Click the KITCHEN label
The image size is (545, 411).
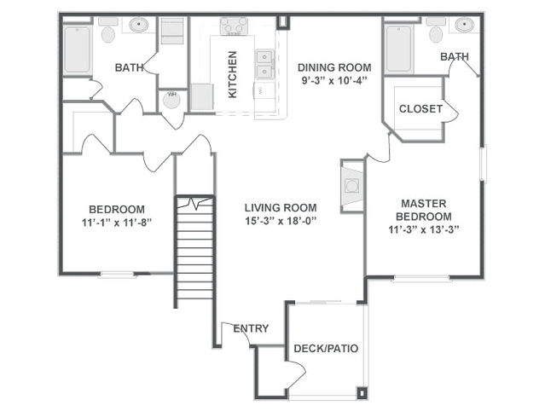pos(232,74)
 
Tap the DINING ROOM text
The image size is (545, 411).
pos(334,67)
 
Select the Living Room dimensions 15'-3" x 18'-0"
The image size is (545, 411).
pos(281,221)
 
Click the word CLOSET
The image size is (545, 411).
pos(420,109)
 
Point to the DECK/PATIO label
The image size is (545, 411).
pos(326,349)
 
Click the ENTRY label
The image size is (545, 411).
pos(251,328)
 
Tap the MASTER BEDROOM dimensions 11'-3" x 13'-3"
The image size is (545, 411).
pos(424,229)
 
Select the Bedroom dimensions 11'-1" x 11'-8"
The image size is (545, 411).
pos(117,223)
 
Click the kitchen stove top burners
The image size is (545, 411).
pos(234,26)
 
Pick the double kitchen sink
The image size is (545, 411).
pos(265,65)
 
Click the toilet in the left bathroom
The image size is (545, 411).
pos(108,30)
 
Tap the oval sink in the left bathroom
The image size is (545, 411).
pos(139,25)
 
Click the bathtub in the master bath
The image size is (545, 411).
pos(399,49)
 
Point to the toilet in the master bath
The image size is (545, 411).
pos(436,30)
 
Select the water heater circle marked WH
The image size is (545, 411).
pos(171,100)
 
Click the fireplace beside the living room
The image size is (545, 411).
pos(351,186)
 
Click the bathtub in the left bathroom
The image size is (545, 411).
pos(77,50)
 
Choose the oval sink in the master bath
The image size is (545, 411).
pos(465,25)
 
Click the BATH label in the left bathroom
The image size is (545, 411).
pos(129,67)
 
